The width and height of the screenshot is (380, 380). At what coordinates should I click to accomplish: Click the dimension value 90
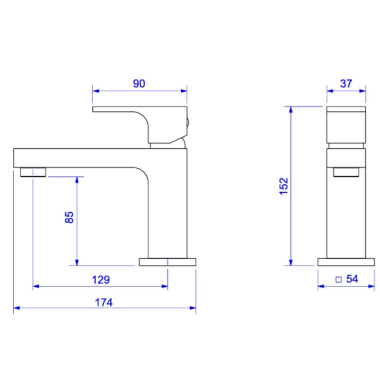[139, 84]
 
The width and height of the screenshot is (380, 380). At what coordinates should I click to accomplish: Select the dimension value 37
[346, 84]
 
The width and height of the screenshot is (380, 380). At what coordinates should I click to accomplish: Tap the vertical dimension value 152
[284, 186]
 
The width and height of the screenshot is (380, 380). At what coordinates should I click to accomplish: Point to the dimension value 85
[69, 217]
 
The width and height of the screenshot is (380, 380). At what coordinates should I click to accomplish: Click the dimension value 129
[101, 280]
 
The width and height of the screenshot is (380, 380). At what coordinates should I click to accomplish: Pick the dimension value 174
[104, 302]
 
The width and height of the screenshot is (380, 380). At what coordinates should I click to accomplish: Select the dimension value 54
[352, 279]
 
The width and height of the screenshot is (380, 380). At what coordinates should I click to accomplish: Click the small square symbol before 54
[339, 280]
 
